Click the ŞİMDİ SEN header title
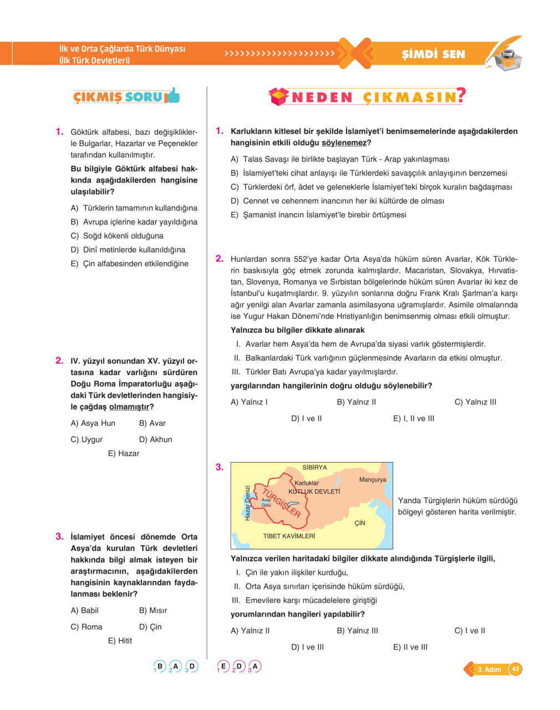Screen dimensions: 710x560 [x=433, y=54]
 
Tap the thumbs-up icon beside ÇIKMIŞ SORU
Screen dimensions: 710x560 [x=174, y=95]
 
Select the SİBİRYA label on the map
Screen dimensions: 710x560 [x=314, y=468]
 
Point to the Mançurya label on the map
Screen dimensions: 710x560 [x=373, y=480]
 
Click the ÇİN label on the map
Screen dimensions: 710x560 [x=360, y=523]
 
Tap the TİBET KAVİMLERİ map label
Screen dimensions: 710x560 [x=289, y=536]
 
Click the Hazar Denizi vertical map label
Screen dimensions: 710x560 [x=247, y=503]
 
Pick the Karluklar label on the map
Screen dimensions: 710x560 [x=307, y=483]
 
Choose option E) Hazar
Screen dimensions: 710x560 [x=124, y=453]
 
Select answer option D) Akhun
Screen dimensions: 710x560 [x=156, y=439]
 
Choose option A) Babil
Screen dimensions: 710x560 [x=84, y=610]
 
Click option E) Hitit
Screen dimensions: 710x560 [x=120, y=641]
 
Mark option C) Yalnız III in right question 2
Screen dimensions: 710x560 [x=475, y=402]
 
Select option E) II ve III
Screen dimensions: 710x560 [x=410, y=647]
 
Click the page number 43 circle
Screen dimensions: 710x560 [x=516, y=669]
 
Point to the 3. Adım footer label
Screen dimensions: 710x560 [x=489, y=670]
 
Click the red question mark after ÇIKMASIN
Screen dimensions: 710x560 [x=460, y=96]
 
